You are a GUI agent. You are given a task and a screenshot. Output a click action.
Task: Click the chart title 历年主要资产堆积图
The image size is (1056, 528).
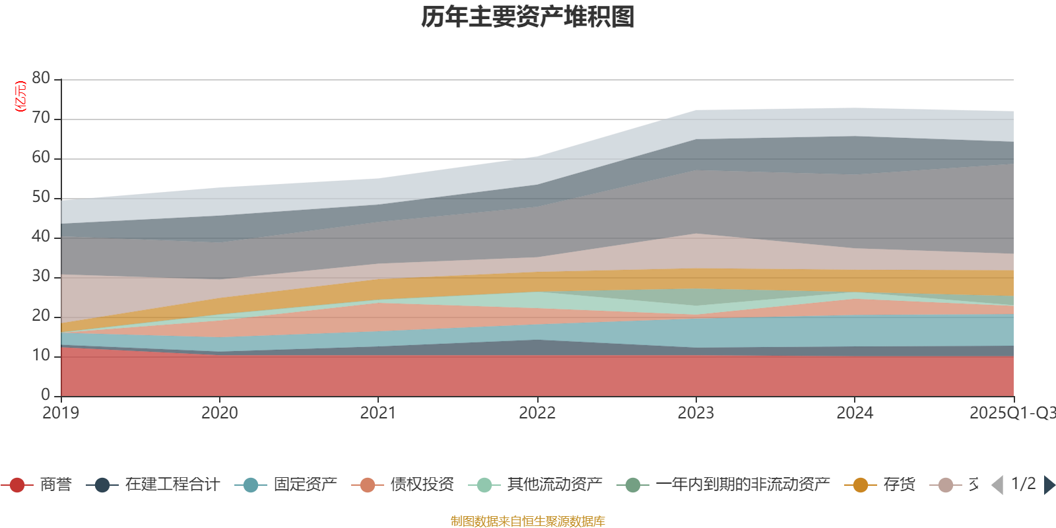528,17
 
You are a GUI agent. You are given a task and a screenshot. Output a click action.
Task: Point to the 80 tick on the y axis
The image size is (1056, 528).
41,79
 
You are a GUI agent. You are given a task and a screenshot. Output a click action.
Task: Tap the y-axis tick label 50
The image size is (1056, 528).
41,197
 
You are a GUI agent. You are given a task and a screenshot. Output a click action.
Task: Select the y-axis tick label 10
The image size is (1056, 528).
41,356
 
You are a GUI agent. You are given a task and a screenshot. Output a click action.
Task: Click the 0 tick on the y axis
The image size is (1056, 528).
45,395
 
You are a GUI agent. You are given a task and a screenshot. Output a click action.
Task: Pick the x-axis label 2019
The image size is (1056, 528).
61,413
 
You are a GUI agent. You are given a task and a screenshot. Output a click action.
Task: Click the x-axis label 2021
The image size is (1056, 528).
378,413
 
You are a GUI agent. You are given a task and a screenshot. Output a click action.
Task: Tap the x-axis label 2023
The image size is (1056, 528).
696,413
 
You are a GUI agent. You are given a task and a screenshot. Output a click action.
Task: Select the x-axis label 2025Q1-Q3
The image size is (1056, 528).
1011,413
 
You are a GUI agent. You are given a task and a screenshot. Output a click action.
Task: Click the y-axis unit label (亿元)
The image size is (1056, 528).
20,96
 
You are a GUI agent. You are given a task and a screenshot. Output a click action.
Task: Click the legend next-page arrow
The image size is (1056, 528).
1049,485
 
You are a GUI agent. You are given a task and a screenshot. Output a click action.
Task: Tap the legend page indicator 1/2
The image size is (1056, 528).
1023,484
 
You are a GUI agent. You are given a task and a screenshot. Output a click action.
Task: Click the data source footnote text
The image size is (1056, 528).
528,521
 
